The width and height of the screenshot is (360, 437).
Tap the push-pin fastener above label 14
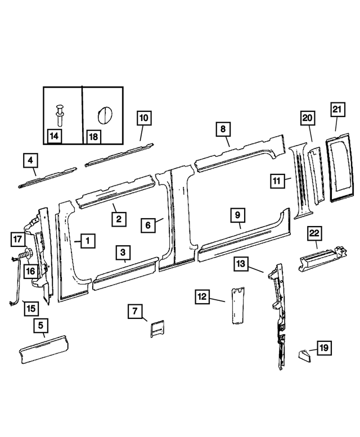pyautogui.click(x=60, y=115)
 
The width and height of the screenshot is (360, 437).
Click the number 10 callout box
pyautogui.click(x=144, y=119)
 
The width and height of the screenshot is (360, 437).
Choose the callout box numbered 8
pyautogui.click(x=223, y=130)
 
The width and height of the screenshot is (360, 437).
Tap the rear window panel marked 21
pyautogui.click(x=339, y=170)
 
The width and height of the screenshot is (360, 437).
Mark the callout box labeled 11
pyautogui.click(x=277, y=181)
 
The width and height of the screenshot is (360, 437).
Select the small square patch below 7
pyautogui.click(x=156, y=328)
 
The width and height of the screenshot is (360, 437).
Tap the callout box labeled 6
pyautogui.click(x=148, y=225)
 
